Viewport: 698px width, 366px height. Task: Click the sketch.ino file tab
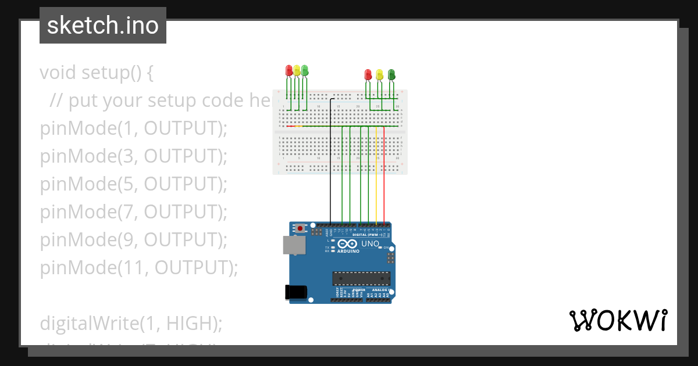pyautogui.click(x=103, y=26)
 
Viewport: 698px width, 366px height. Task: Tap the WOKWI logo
pyautogui.click(x=618, y=321)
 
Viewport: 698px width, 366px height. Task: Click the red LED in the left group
pyautogui.click(x=289, y=71)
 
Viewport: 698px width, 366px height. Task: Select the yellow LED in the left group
pyautogui.click(x=297, y=71)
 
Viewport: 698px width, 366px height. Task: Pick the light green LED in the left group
pyautogui.click(x=304, y=71)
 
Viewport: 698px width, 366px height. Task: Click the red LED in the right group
pyautogui.click(x=368, y=74)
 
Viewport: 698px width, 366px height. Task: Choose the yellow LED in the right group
pyautogui.click(x=379, y=74)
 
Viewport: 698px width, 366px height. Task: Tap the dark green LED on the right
pyautogui.click(x=391, y=74)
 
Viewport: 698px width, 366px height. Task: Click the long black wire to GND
pyautogui.click(x=330, y=174)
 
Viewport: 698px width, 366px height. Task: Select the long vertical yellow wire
pyautogui.click(x=376, y=174)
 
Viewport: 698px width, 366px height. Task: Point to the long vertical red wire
pyautogui.click(x=384, y=174)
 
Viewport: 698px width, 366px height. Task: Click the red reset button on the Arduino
pyautogui.click(x=300, y=228)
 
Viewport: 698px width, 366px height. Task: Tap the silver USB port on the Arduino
pyautogui.click(x=293, y=245)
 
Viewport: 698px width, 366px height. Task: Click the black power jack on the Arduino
pyautogui.click(x=296, y=292)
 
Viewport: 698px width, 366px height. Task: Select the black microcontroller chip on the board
pyautogui.click(x=361, y=278)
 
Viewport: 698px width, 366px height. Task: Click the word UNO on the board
pyautogui.click(x=370, y=244)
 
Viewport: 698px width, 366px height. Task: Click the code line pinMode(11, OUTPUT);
pyautogui.click(x=140, y=268)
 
